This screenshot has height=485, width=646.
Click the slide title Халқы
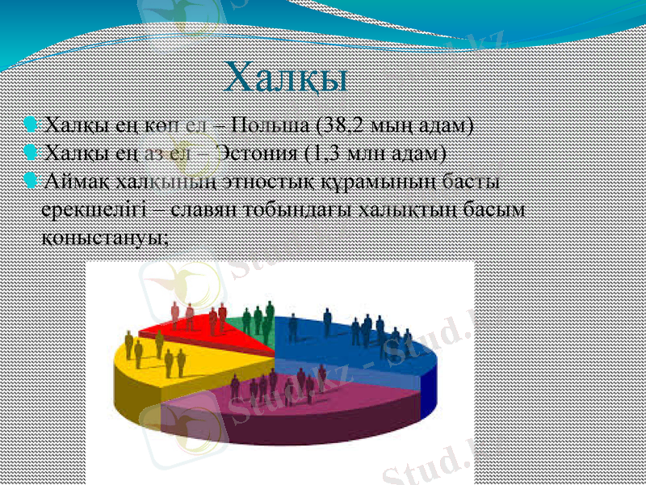click(x=287, y=78)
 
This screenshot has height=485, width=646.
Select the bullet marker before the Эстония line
click(x=31, y=151)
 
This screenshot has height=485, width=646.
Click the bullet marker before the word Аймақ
click(x=31, y=178)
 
